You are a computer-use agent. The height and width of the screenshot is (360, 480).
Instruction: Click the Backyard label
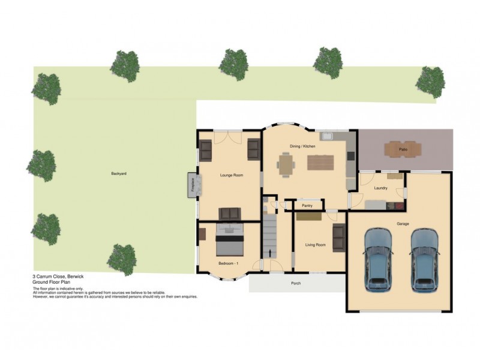coord(118,173)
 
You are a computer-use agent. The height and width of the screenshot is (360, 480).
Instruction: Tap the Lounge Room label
coord(231,175)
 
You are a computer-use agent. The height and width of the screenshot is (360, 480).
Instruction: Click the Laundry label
coord(380,188)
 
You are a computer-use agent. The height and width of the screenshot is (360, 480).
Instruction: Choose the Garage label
coord(403,224)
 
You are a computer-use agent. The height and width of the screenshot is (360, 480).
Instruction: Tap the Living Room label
coord(315,245)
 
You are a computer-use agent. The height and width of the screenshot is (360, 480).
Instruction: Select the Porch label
coord(295,283)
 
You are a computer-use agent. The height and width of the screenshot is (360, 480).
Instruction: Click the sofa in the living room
coord(338,238)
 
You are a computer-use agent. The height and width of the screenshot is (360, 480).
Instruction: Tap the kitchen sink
coord(328,136)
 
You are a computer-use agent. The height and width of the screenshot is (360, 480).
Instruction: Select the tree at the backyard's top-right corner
coord(430,81)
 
